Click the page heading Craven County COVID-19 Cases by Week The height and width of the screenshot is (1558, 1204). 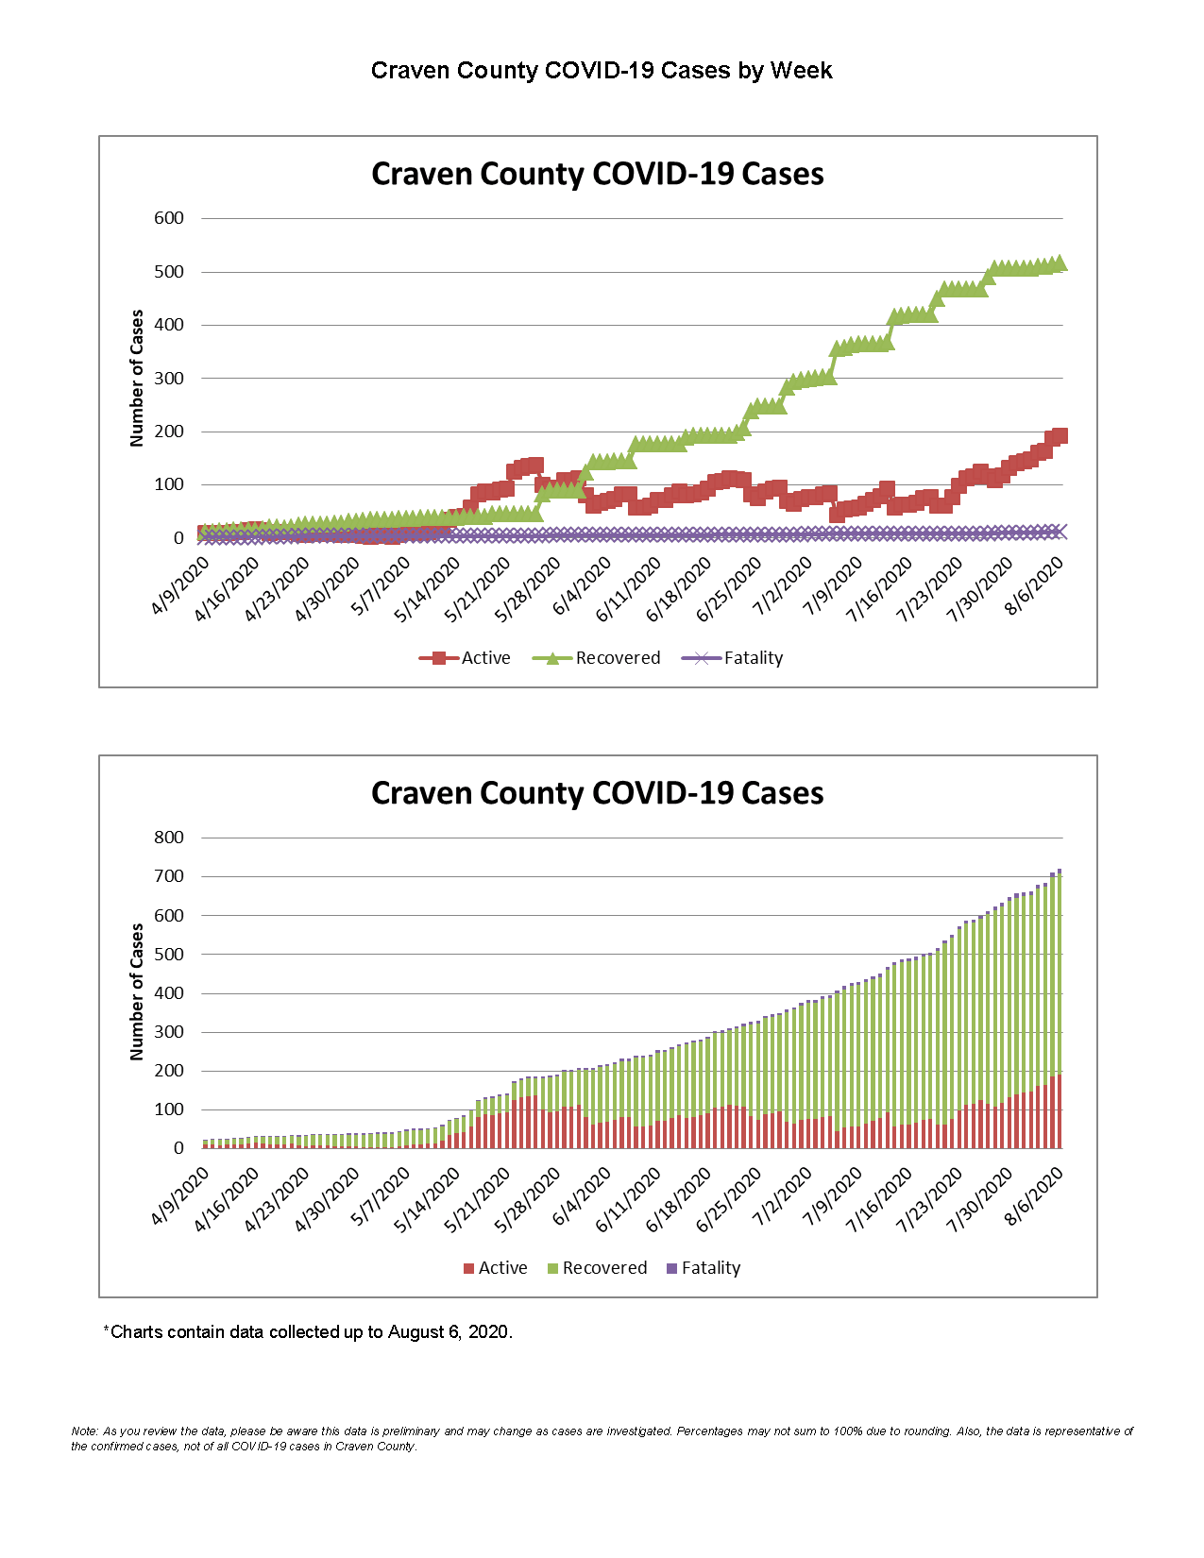pos(602,71)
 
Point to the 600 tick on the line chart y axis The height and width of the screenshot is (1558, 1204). pos(169,218)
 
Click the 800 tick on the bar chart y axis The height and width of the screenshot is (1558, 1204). pos(169,838)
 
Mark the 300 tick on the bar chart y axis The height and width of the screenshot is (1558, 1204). pos(169,1032)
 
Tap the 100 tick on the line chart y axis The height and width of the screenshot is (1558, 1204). pos(169,484)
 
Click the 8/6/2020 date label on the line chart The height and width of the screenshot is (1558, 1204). pos(1034,586)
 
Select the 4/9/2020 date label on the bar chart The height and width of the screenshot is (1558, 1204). pos(179,1196)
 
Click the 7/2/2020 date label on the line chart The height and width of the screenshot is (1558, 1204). pos(782,586)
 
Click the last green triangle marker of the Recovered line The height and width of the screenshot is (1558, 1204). pos(1060,263)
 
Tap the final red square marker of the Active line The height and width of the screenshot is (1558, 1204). pos(1060,435)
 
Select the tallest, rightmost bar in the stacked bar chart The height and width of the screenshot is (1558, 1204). pos(1060,1010)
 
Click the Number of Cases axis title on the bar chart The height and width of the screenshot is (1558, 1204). pos(137,991)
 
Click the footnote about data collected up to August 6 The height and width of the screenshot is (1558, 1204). pos(308,1332)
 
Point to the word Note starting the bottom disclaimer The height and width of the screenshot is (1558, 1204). pos(83,1431)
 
